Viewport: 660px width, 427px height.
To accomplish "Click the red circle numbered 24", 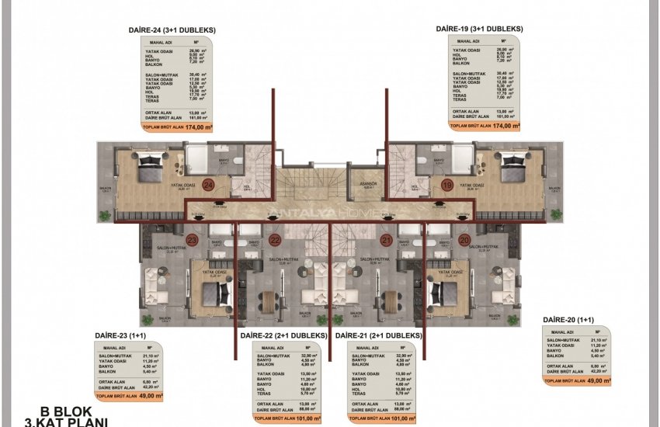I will (x=208, y=186).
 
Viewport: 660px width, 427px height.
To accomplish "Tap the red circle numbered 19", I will (x=447, y=186).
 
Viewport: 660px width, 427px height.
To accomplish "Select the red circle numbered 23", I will (x=193, y=241).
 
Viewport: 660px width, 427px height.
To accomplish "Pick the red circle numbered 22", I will (x=274, y=241).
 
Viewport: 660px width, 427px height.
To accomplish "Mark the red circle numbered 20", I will (x=464, y=241).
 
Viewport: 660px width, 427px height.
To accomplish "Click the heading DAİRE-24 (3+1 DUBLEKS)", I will (x=172, y=30).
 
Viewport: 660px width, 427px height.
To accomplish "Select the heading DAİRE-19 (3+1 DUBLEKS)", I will (x=480, y=29).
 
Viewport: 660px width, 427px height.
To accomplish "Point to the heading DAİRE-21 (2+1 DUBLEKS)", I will (x=378, y=335).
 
